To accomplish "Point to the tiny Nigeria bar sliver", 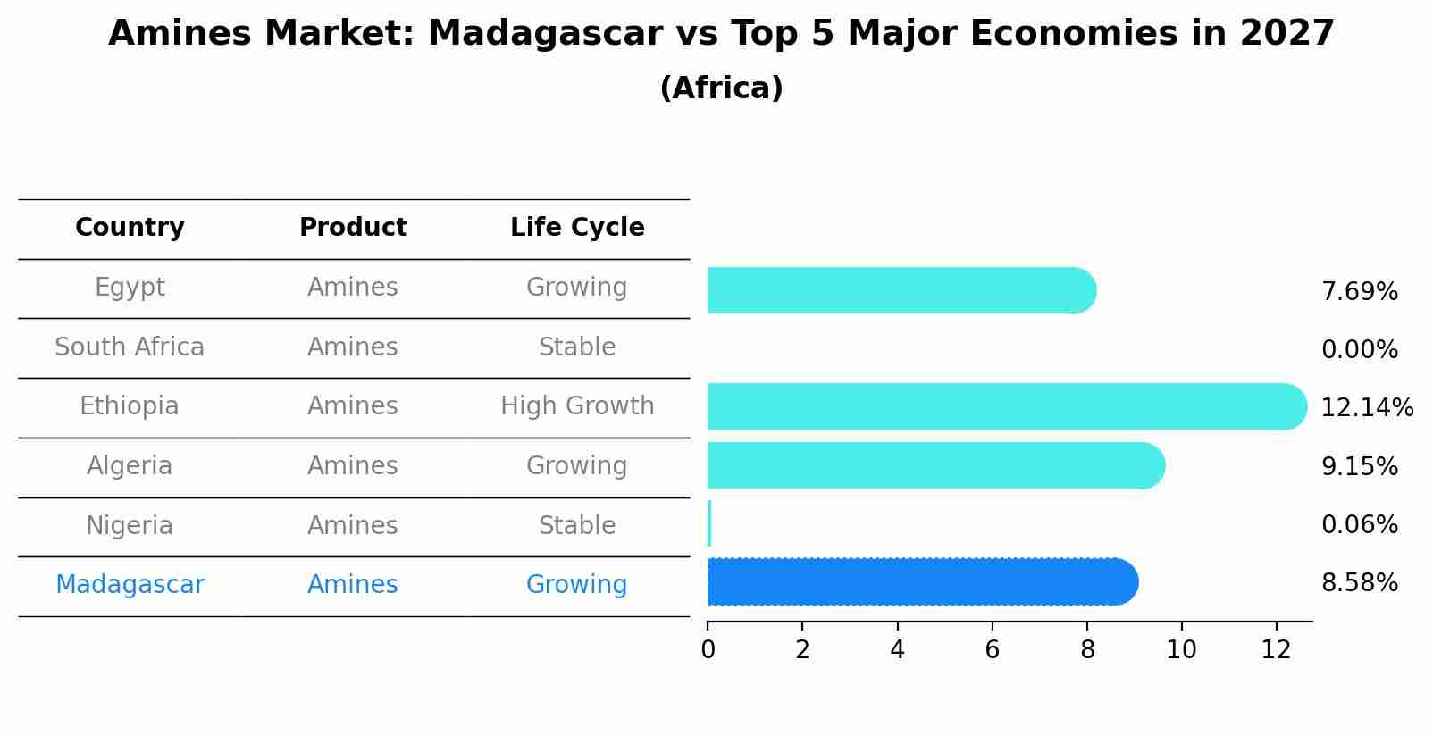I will (x=709, y=523).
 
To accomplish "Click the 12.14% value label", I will (x=1366, y=408).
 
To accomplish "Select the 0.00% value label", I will (x=1359, y=350).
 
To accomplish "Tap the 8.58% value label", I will (x=1359, y=583).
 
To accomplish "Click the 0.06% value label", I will (x=1359, y=525).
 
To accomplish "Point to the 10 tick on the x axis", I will (x=1181, y=650).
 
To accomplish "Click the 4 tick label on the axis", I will (x=897, y=650).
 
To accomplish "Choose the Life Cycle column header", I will (x=577, y=228).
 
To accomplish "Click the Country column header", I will (x=130, y=228).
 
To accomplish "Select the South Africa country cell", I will (x=130, y=347).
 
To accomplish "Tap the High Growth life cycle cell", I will (x=577, y=406).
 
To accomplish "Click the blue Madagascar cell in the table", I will (x=130, y=585).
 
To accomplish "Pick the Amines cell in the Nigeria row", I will (x=353, y=526).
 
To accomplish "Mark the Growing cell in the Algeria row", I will (x=577, y=466).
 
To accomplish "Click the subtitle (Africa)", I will (x=721, y=88).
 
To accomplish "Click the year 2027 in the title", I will (x=1286, y=34).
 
